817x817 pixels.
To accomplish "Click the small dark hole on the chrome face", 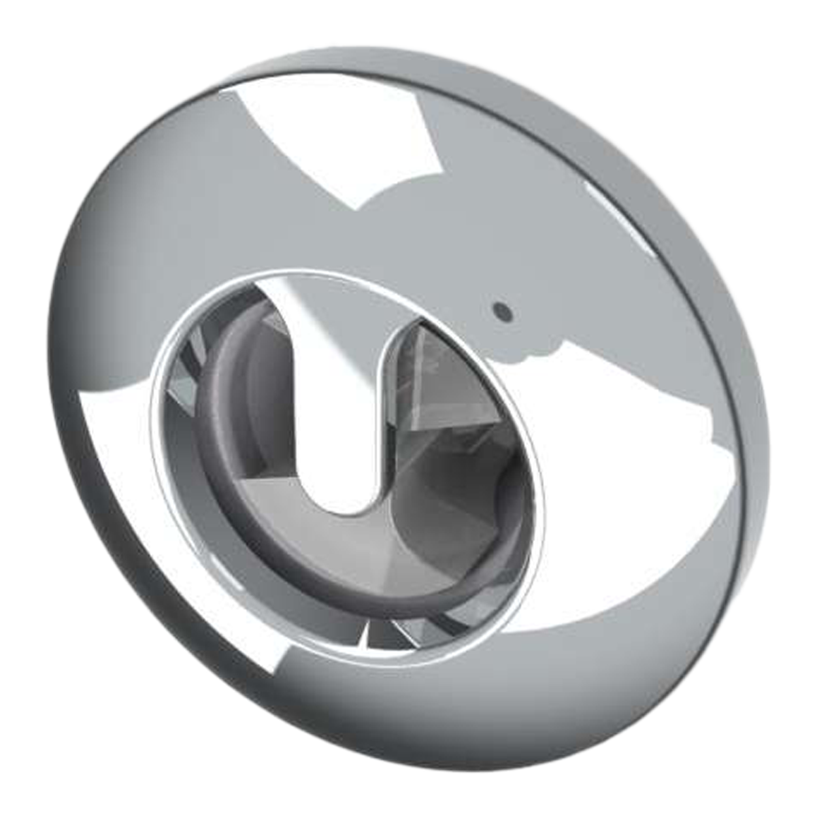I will pos(502,310).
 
